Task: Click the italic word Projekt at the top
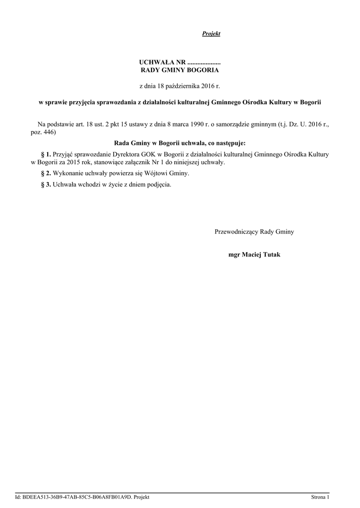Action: pos(211,34)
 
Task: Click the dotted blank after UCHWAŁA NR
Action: pos(204,63)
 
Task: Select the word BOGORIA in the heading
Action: pos(199,70)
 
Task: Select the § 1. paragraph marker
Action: pos(45,155)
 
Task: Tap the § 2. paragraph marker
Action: pos(45,174)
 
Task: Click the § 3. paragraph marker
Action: pos(45,185)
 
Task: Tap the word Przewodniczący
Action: pos(236,231)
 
